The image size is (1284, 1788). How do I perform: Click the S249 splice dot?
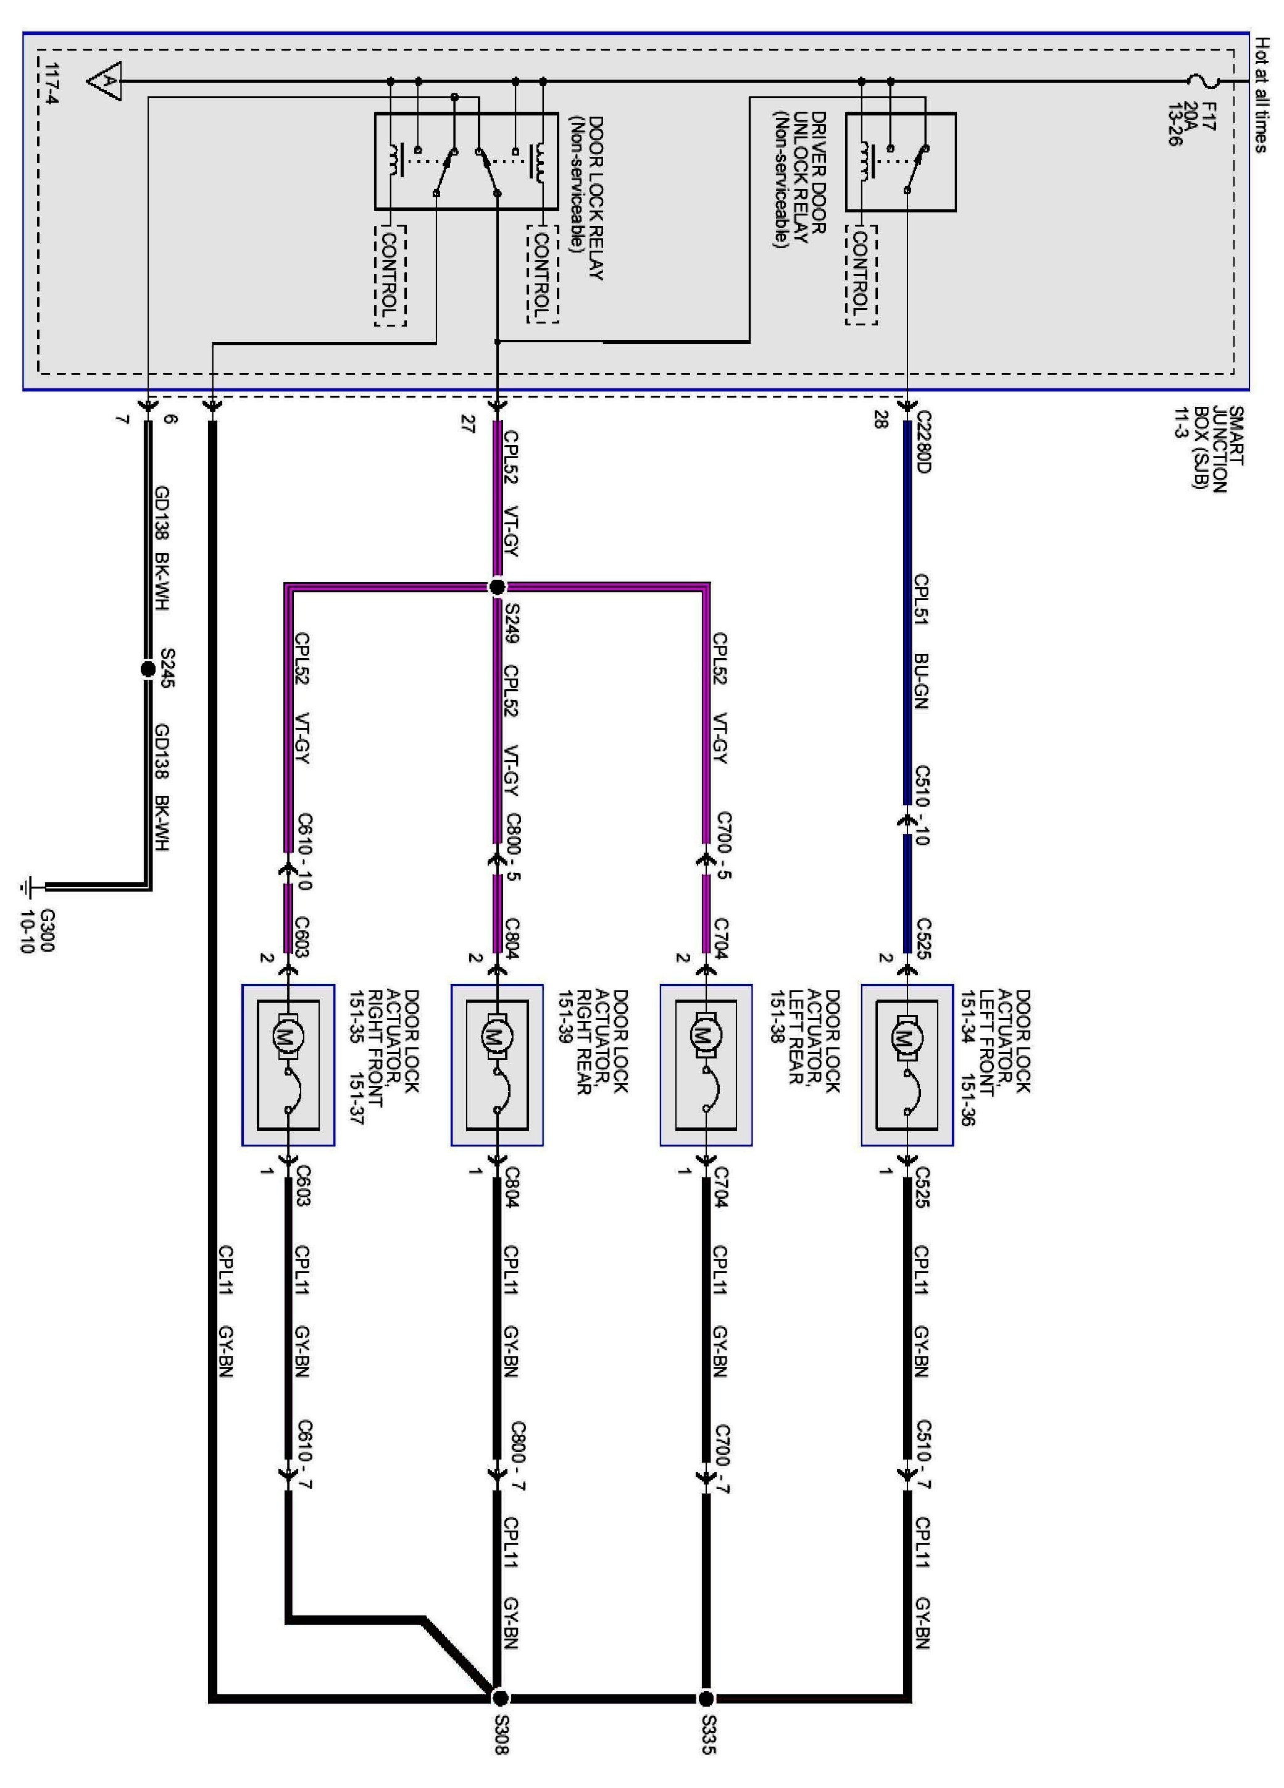(496, 587)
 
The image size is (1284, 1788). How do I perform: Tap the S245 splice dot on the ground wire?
(148, 669)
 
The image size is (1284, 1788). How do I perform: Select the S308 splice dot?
(499, 1697)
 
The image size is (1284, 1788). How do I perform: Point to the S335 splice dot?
(706, 1697)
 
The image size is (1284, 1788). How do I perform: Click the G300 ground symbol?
(28, 887)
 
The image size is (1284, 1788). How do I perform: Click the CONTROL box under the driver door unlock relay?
(861, 274)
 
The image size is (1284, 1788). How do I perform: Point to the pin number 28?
(880, 420)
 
